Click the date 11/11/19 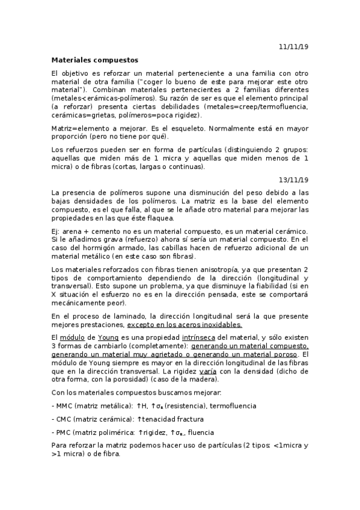click(293, 46)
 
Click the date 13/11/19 click(293, 179)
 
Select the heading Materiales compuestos click(94, 60)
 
